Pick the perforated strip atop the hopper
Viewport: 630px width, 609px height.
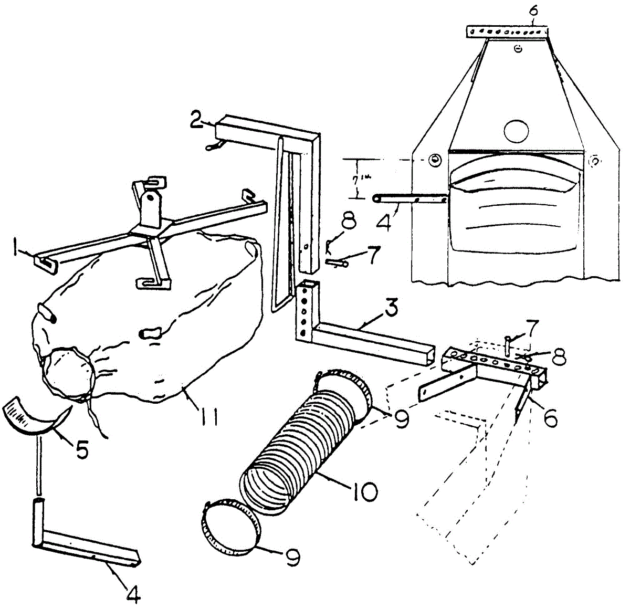coord(507,31)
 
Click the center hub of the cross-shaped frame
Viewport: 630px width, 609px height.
coord(150,229)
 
